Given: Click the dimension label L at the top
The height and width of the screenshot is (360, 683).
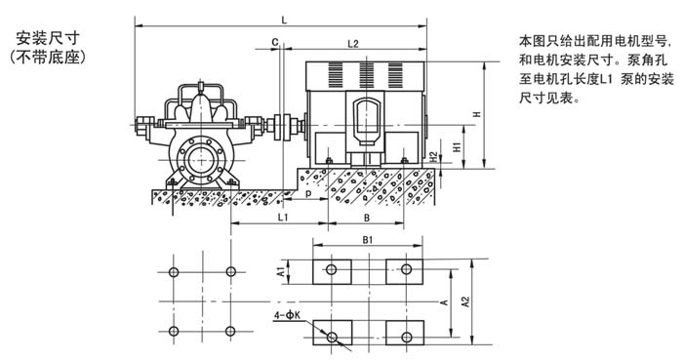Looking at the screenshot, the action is (285, 20).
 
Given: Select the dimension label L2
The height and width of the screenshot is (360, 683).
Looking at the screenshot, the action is (353, 44).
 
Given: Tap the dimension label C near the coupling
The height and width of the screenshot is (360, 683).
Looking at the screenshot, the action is (275, 42).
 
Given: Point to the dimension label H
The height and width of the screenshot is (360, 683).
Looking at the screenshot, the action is (477, 114).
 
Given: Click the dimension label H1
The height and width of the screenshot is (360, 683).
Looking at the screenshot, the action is (457, 146).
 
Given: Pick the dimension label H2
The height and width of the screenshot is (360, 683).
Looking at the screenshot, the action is (433, 157).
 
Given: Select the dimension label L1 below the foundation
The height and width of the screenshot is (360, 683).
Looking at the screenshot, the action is (283, 217).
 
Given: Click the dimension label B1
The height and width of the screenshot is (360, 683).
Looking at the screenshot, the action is (368, 240).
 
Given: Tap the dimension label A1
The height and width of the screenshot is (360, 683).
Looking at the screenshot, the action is (281, 271).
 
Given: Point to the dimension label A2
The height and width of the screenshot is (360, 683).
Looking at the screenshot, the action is (465, 301).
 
